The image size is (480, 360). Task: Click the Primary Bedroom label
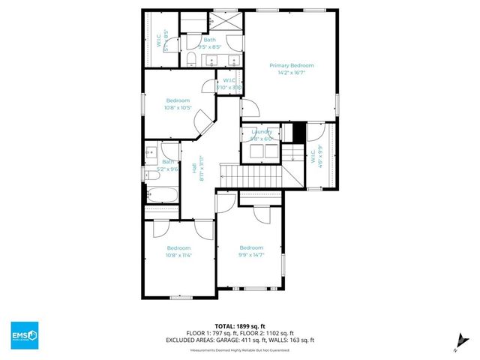(291, 66)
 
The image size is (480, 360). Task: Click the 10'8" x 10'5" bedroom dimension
(178, 108)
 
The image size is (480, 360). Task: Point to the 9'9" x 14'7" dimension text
(251, 256)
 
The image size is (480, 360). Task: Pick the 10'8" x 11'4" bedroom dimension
(178, 256)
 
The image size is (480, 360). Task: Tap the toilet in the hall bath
(150, 175)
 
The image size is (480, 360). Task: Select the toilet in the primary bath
(191, 58)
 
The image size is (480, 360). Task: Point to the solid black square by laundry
(299, 131)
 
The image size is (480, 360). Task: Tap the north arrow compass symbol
(456, 344)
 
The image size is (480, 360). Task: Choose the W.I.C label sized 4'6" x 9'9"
(315, 156)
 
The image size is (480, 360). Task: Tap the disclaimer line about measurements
(240, 348)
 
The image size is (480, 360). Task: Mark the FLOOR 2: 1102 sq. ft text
(269, 334)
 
